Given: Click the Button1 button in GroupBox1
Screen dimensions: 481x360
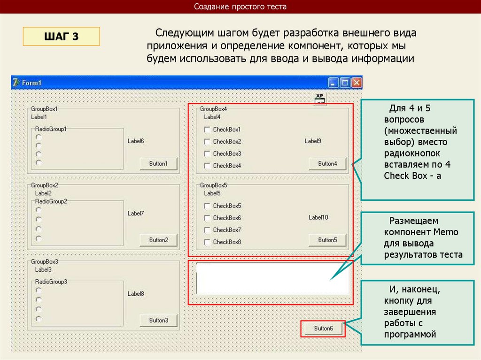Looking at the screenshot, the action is click(158, 164).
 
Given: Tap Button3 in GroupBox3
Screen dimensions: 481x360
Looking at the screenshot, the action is click(158, 321).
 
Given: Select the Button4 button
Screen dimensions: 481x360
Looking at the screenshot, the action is click(327, 164).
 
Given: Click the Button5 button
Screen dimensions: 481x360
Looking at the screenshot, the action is click(327, 240).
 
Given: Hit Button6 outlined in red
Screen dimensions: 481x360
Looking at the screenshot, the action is click(323, 329).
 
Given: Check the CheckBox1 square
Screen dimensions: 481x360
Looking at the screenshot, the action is click(207, 130).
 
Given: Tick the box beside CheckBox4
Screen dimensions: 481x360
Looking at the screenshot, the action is click(207, 166).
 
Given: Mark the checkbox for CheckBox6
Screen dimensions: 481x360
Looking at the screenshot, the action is click(207, 218).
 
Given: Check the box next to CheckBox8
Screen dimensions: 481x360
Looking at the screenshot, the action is click(207, 242).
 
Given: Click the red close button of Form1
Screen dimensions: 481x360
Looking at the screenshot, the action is click(357, 83).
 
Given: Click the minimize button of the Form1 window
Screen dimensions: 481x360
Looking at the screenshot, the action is click(334, 83).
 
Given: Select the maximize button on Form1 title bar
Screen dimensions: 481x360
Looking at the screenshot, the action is click(345, 83).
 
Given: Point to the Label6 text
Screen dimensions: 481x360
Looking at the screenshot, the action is click(136, 141).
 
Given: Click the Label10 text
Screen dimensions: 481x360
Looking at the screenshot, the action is click(318, 217).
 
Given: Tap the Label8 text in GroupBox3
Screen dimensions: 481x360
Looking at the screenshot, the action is click(136, 294).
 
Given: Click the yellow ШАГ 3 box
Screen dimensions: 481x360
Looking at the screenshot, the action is click(62, 36).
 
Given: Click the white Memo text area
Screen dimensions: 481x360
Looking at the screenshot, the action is click(272, 278).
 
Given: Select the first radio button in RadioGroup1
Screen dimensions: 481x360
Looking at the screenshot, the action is click(39, 137).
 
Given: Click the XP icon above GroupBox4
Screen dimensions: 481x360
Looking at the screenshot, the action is click(320, 100).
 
